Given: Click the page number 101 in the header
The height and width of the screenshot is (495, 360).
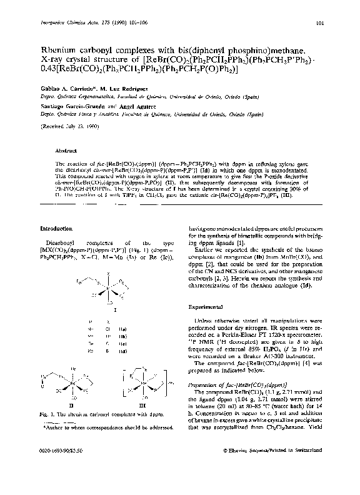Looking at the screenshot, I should (319, 24).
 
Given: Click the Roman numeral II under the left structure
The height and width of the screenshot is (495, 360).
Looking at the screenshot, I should (72, 395).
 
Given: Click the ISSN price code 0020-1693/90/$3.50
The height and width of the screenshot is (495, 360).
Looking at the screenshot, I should (61, 467).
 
